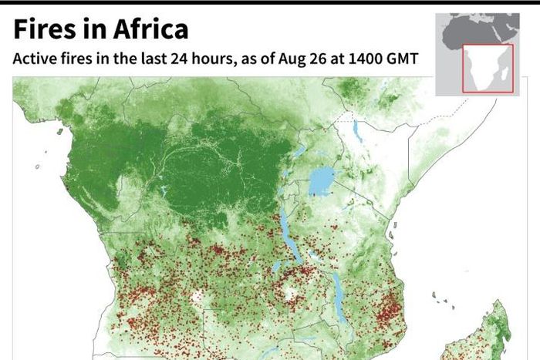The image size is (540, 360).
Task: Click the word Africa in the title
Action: coord(147,29)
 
